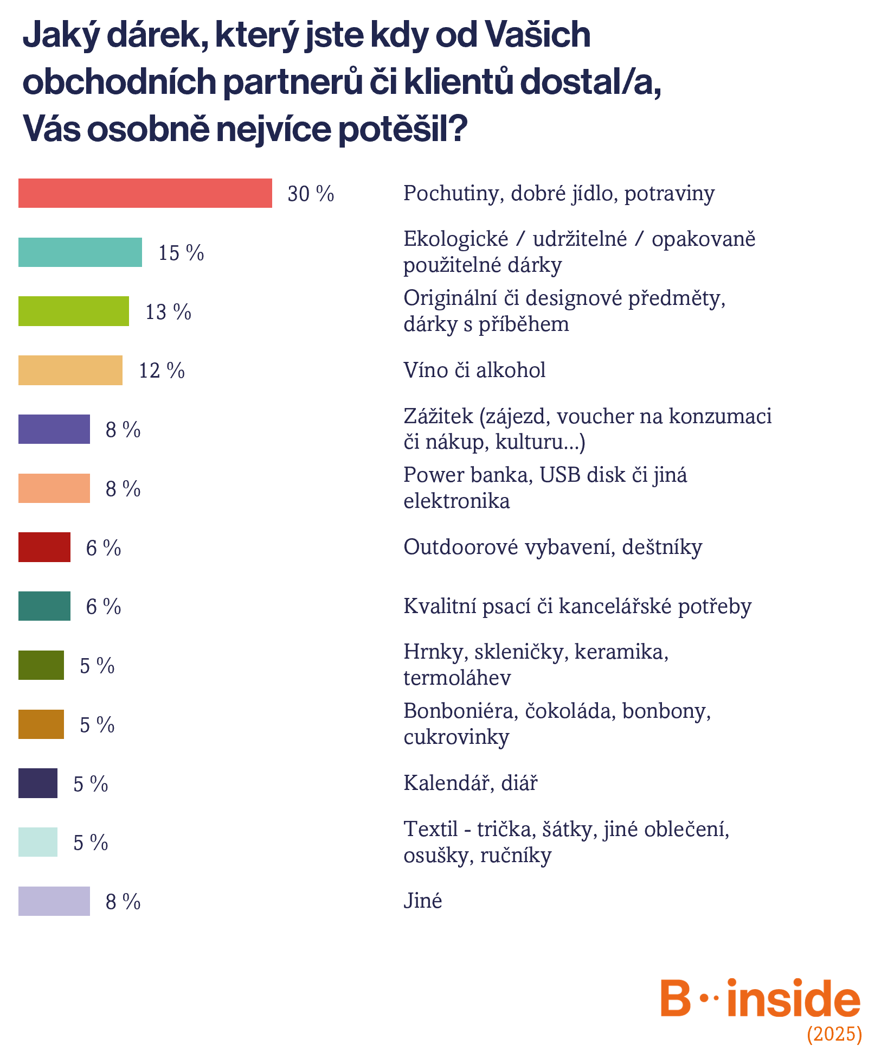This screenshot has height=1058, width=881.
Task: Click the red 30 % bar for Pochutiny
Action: [145, 193]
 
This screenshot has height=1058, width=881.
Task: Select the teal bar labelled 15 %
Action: [80, 252]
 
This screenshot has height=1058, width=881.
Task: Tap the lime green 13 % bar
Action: [74, 311]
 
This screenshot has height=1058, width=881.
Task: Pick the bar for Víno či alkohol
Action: [70, 371]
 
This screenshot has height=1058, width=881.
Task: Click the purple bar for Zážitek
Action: [54, 429]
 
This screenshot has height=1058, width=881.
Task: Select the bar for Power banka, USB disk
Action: [54, 488]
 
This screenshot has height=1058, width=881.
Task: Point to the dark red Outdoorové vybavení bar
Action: [44, 547]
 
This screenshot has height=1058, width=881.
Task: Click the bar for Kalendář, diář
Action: [38, 783]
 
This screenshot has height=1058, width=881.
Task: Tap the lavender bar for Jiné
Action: [54, 901]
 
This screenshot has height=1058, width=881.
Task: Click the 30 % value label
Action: [311, 194]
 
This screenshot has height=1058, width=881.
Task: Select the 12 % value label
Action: [162, 371]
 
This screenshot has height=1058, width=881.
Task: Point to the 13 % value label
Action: [168, 312]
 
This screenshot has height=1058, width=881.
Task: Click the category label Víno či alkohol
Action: [474, 370]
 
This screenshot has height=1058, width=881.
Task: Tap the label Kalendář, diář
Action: [470, 783]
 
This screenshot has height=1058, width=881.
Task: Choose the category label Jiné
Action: [422, 901]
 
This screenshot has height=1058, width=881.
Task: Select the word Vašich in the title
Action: [537, 35]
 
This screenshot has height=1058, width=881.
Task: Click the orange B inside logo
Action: [760, 998]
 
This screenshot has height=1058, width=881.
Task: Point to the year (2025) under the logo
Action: [834, 1034]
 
